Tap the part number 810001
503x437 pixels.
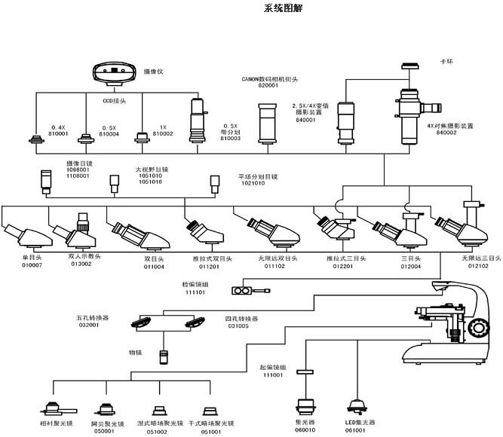coord(59,134)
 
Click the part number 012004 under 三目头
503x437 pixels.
coord(411,266)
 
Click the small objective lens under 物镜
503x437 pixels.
coord(162,356)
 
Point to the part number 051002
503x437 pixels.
coord(157,432)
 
